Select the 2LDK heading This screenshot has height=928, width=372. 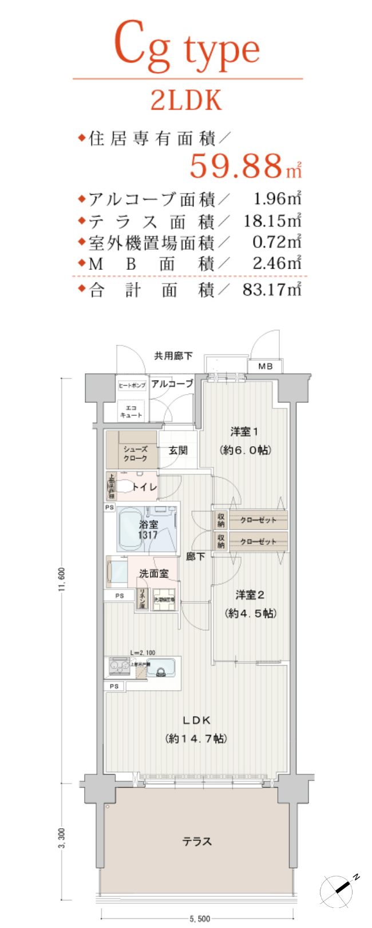tap(186, 100)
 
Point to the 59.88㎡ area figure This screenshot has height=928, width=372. tap(245, 166)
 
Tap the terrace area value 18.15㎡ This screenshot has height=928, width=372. tap(272, 221)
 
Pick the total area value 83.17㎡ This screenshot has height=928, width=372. tap(271, 289)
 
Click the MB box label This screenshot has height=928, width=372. tap(265, 366)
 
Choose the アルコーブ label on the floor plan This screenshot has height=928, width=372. tap(172, 383)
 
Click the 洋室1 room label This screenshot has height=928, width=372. tap(244, 431)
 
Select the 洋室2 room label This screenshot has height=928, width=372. tap(250, 595)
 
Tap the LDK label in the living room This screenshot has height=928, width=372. tap(197, 720)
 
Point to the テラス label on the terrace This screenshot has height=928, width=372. tap(197, 841)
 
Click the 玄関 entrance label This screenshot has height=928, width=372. tap(178, 450)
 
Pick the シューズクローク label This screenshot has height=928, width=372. tap(136, 454)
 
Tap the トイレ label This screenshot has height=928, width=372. tap(144, 487)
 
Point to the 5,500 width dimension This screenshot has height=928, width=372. tap(200, 919)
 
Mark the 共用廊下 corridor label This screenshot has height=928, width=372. tap(173, 356)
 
